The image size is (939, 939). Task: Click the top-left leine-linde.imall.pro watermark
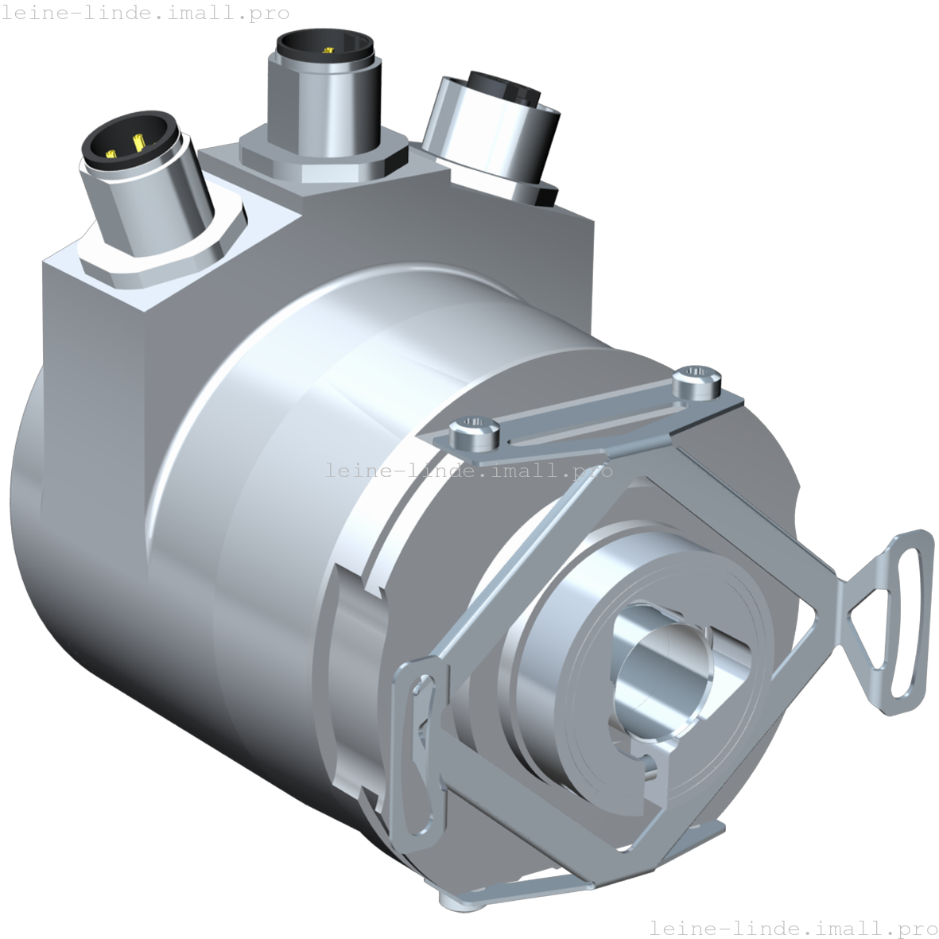point(145,13)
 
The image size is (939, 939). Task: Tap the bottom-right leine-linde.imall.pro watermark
point(793,927)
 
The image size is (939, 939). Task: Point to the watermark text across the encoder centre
point(469,470)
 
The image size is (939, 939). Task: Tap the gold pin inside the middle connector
point(326,51)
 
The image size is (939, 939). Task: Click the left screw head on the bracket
point(474,432)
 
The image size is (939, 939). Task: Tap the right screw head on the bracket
point(696,384)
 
